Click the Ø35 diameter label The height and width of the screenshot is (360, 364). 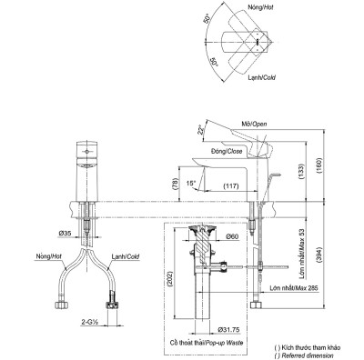[x=66, y=235]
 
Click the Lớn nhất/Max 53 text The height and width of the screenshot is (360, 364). [x=301, y=245]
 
